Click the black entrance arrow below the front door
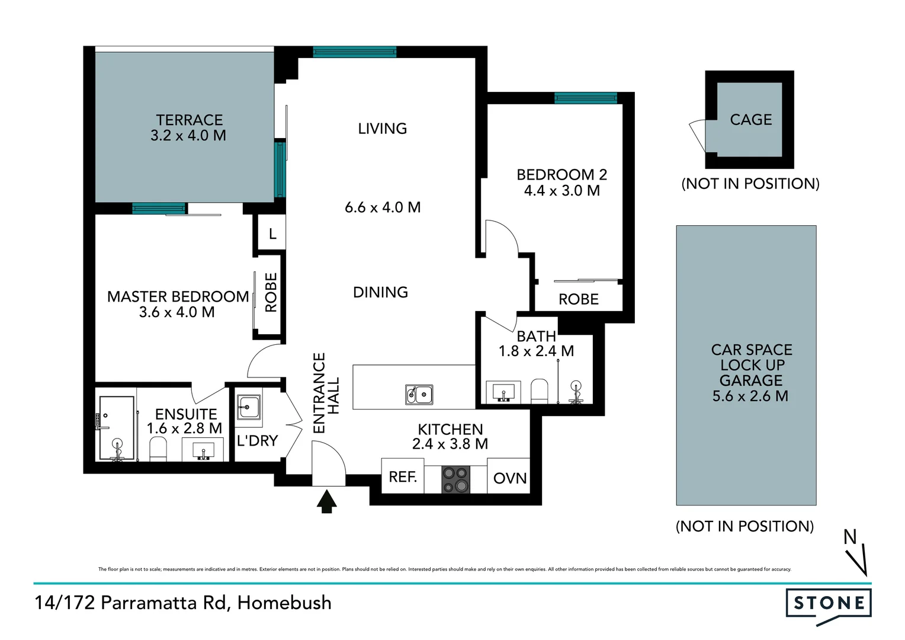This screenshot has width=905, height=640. (x=326, y=501)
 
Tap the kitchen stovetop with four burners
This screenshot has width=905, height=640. (x=455, y=479)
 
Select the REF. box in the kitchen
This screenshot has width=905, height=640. (x=403, y=477)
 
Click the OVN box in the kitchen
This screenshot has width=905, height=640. (x=509, y=478)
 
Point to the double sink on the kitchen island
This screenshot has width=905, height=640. (x=419, y=394)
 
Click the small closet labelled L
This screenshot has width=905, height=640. (x=272, y=234)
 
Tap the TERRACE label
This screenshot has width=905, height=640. (x=190, y=120)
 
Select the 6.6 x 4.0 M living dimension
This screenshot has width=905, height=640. (x=383, y=207)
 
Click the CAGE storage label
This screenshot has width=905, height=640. (x=750, y=120)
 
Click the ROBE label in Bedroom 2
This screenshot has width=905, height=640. (x=579, y=300)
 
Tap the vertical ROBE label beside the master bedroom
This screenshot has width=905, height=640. (x=271, y=292)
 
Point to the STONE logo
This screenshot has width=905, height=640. (x=828, y=604)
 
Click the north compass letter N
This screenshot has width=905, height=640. (x=850, y=537)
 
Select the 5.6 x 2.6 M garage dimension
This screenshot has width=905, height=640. (x=750, y=396)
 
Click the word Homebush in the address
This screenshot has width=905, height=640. (x=284, y=603)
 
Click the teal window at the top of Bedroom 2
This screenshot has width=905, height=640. (x=585, y=98)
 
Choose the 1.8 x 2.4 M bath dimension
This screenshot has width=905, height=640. (x=536, y=351)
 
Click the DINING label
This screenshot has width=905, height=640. (x=380, y=292)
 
